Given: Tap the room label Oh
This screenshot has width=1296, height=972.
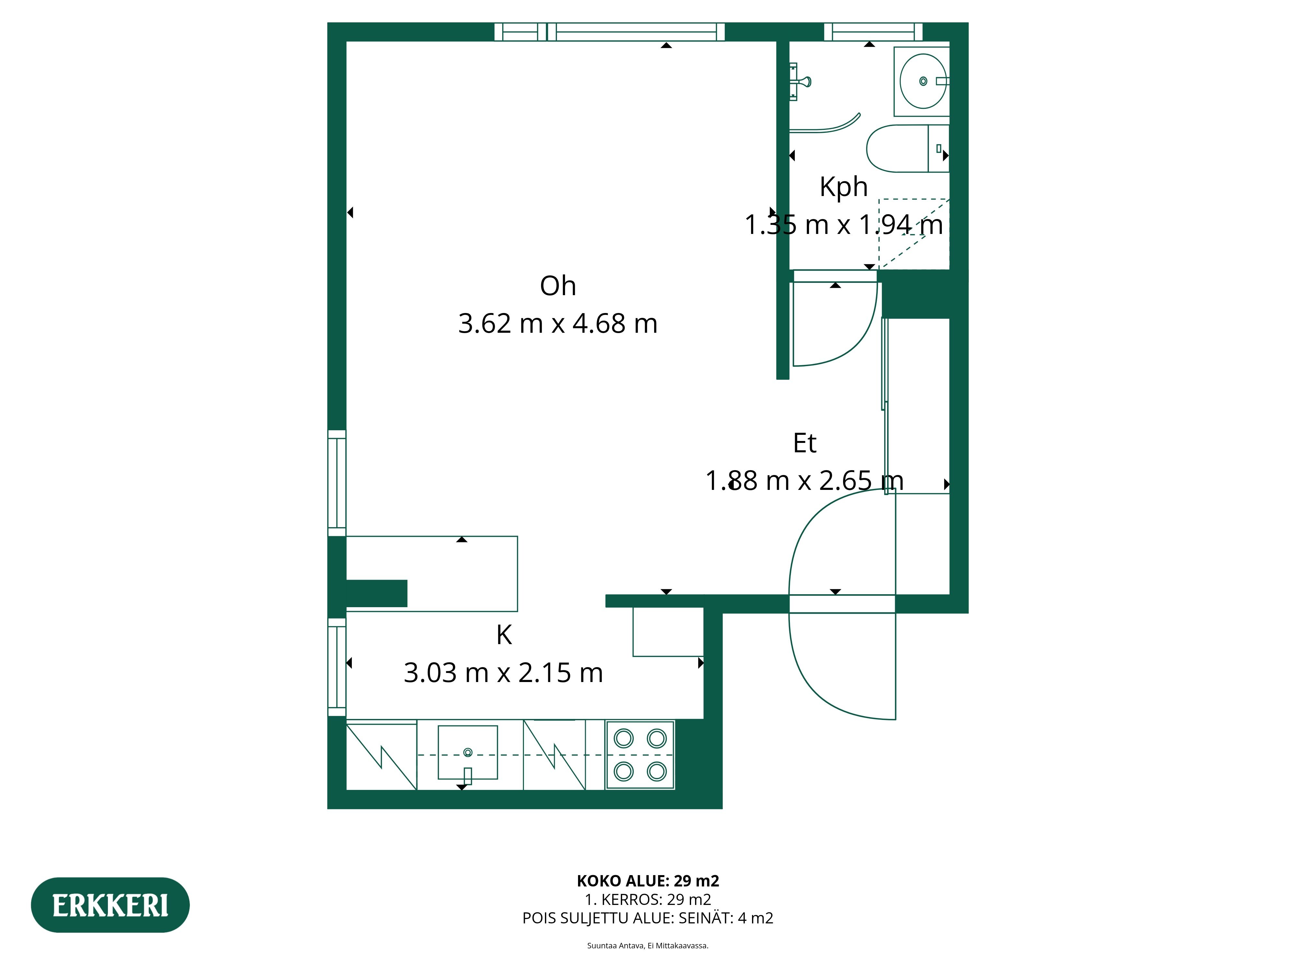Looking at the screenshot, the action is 558,286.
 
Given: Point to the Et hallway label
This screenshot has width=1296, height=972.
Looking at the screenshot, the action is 804,444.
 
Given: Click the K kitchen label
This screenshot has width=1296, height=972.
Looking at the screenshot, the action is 504,635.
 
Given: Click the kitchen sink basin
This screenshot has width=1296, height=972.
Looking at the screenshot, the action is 468,753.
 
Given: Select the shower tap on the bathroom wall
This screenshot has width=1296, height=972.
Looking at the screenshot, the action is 799,81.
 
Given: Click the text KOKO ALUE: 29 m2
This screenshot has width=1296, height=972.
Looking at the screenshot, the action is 648,881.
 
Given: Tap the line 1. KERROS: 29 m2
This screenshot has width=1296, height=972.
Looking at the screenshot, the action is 648,900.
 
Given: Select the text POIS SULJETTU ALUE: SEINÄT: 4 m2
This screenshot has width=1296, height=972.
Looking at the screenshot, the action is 648,918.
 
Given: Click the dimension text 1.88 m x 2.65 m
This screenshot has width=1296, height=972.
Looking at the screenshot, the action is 804,481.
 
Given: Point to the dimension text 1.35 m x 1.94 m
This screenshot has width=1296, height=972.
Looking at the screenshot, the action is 844,225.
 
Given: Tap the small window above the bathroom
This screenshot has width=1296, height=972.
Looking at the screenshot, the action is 873,32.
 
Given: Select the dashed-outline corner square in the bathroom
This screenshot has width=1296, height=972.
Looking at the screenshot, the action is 914,234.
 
